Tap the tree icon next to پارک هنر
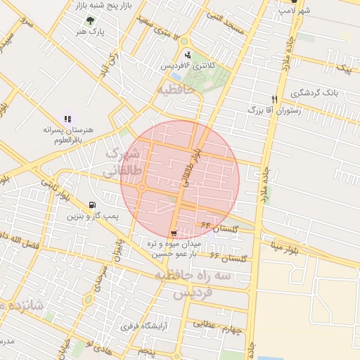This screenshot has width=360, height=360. [91, 20]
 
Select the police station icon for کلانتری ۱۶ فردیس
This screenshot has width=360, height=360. [187, 54]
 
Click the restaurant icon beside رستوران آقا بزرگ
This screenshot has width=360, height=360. [275, 99]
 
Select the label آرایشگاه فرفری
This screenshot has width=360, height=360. [140, 326]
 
